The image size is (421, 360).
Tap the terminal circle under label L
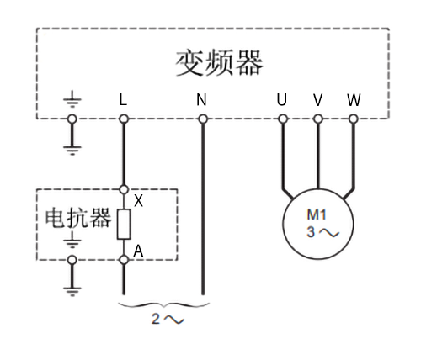click(x=124, y=119)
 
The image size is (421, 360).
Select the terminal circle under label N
click(x=202, y=119)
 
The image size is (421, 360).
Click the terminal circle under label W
click(x=354, y=119)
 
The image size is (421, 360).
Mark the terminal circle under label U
click(x=282, y=119)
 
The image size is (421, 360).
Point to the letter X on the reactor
click(x=138, y=202)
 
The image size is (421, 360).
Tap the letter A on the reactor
click(x=138, y=250)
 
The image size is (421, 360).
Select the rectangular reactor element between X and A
click(x=124, y=225)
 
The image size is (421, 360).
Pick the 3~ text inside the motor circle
click(x=318, y=231)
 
